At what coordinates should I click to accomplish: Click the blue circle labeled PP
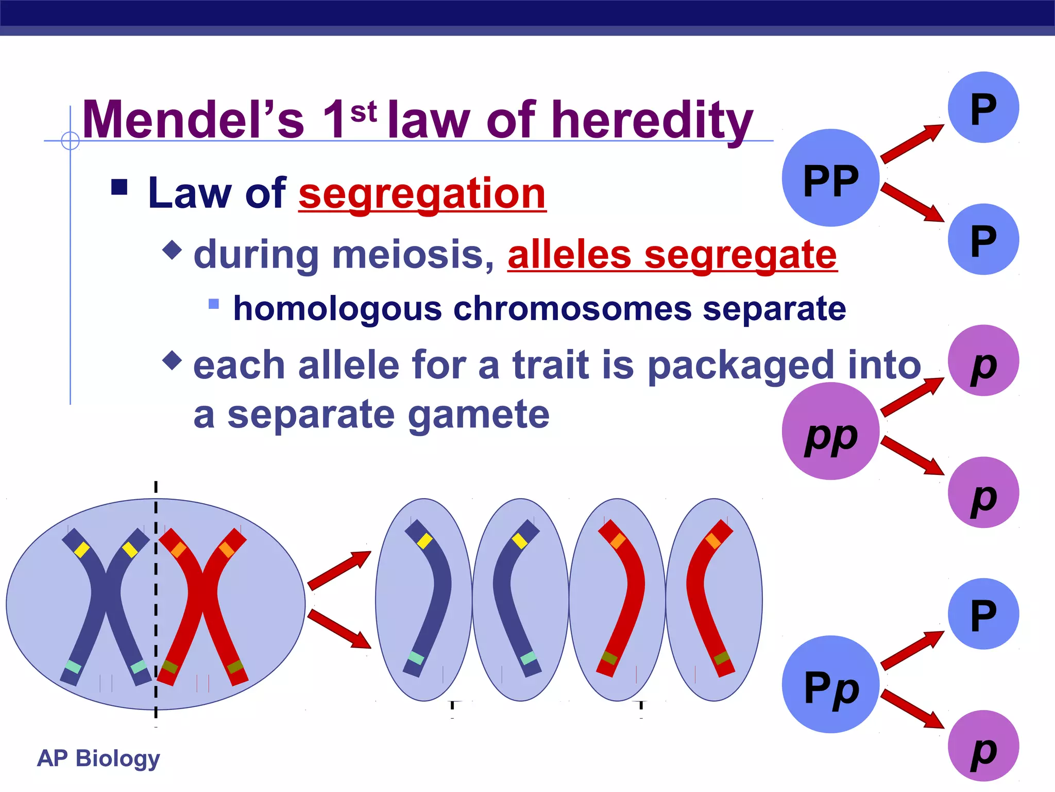point(830,178)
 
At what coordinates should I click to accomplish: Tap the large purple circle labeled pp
point(830,431)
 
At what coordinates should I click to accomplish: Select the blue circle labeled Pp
point(830,684)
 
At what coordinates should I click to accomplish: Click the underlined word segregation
point(422,193)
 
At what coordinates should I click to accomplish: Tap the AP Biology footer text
point(98,758)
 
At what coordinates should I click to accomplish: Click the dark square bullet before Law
point(119,187)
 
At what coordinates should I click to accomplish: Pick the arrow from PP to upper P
point(912,143)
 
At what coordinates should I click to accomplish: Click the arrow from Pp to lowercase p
point(912,709)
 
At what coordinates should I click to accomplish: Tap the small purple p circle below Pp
point(983,746)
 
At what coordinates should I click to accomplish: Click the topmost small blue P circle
point(983,107)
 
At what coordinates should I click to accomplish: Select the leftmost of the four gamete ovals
point(423,600)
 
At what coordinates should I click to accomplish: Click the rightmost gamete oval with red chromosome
point(714,600)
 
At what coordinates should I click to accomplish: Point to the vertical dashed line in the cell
point(156,598)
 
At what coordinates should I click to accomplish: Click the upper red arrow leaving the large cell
point(339,570)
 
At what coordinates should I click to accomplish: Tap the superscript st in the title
point(363,112)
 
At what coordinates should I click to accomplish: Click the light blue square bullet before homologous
point(214,304)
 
